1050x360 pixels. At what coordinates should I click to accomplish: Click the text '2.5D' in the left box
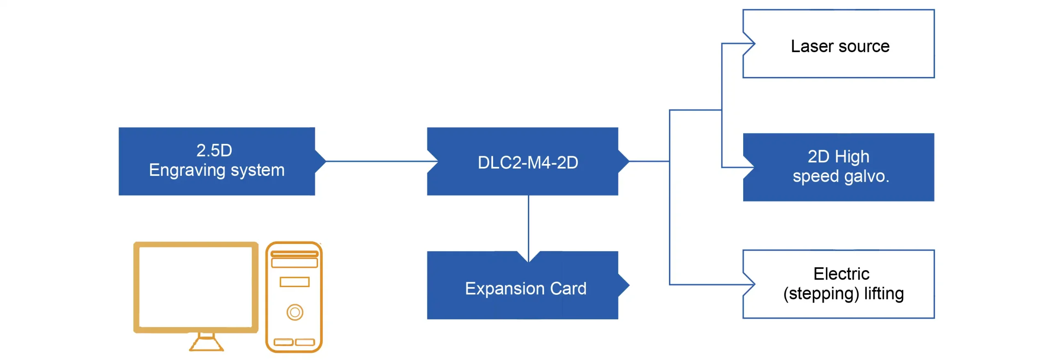tap(214, 150)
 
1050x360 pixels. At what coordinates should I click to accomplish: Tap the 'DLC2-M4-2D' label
tap(527, 162)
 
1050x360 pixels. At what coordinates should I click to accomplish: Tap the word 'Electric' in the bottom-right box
tap(841, 274)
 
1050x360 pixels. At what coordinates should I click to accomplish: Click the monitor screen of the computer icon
tap(196, 287)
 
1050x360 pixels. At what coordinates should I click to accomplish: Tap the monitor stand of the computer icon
tap(206, 342)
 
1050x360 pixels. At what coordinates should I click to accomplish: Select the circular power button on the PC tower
tap(294, 312)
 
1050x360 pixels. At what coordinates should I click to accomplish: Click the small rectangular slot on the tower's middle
tap(294, 282)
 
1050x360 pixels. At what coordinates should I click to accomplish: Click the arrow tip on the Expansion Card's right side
tap(624, 285)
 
